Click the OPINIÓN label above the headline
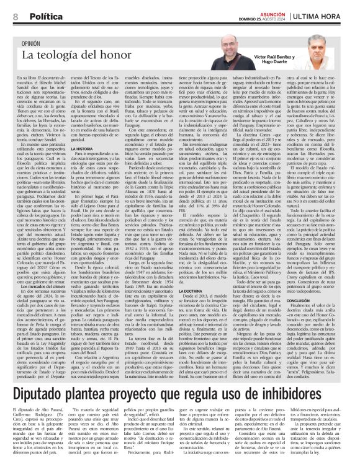click(x=35, y=45)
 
